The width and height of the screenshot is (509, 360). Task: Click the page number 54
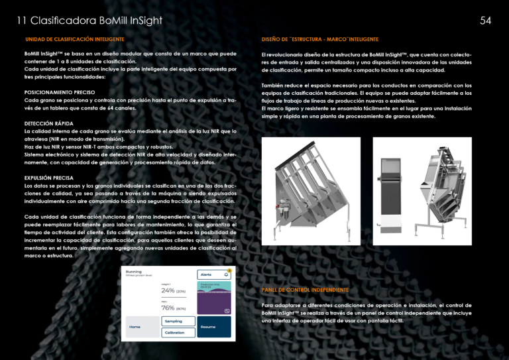pos(485,21)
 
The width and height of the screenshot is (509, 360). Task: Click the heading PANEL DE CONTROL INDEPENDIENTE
pos(305,290)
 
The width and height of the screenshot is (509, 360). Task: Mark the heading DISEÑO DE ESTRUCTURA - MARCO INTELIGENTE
pos(320,39)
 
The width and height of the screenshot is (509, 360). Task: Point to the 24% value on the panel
pos(168,290)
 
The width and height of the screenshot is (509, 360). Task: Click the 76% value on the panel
pos(168,308)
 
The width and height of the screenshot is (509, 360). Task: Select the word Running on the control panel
pos(135,272)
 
